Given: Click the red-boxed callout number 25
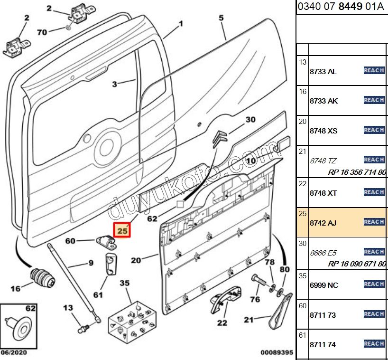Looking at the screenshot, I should (123, 231).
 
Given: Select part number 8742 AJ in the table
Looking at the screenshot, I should (323, 222).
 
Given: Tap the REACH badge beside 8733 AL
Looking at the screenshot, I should (374, 71).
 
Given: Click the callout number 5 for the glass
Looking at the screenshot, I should (221, 19).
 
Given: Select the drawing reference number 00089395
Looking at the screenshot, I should (277, 353).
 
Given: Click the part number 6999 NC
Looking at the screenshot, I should (323, 285).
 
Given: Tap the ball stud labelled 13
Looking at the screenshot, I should (83, 328).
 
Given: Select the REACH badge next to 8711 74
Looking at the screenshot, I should (374, 344).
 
